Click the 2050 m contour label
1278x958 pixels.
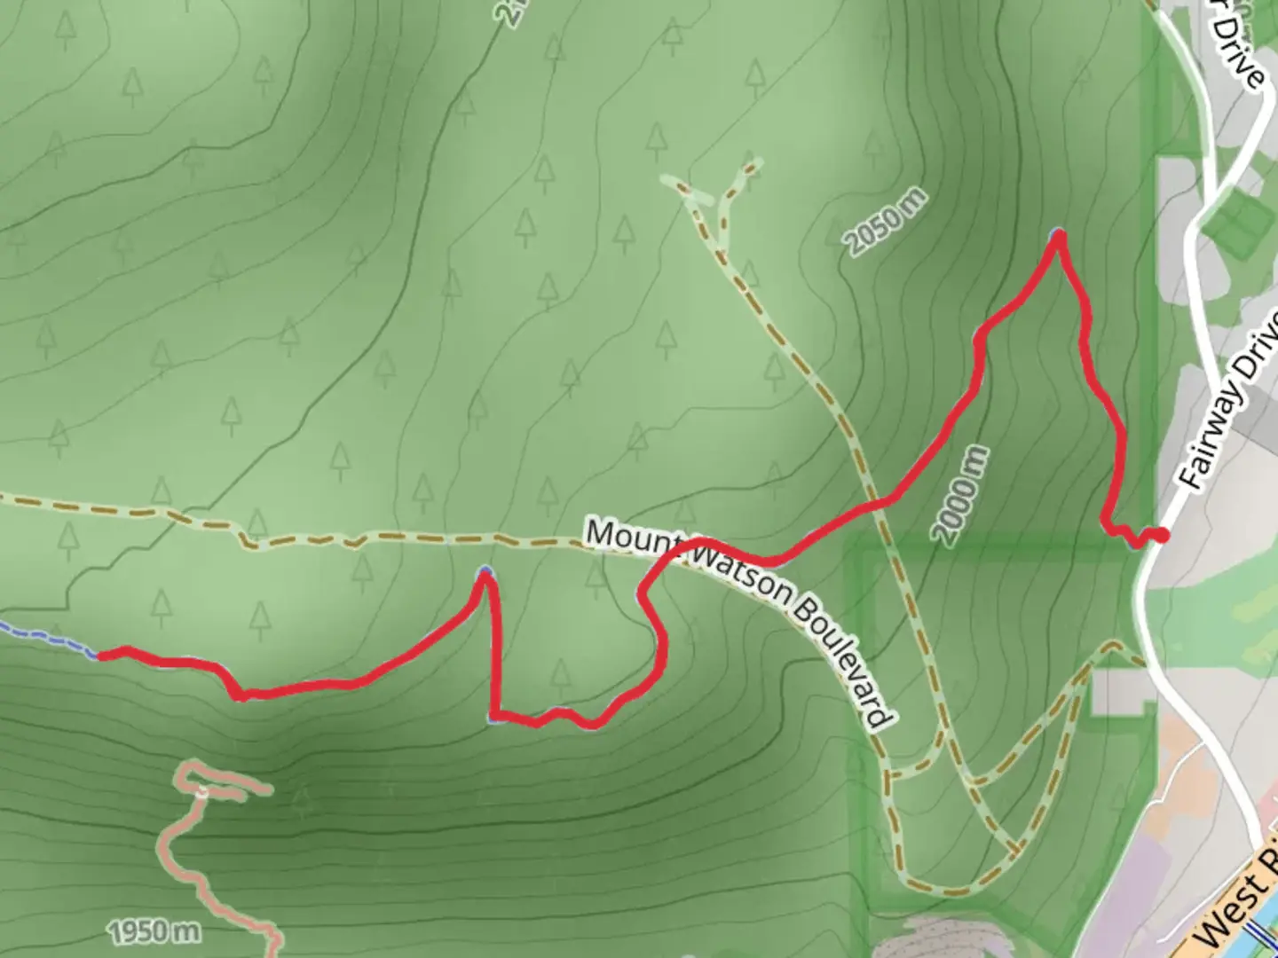point(885,223)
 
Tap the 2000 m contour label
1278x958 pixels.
point(959,495)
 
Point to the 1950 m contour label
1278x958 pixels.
point(154,931)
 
